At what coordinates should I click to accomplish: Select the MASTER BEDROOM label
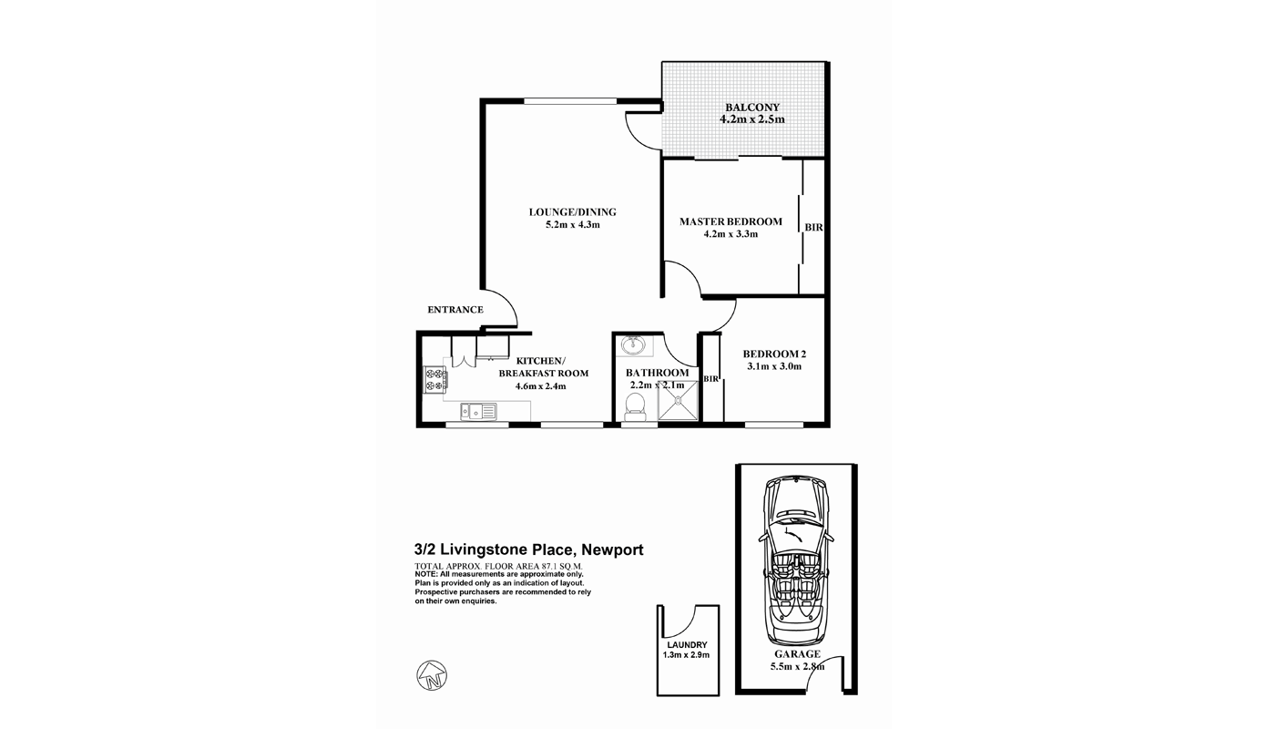point(731,221)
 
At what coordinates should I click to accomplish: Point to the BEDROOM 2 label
point(774,354)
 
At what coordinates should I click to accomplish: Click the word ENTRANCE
point(455,310)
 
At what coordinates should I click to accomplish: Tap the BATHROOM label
point(657,373)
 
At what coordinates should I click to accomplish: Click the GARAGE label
point(797,653)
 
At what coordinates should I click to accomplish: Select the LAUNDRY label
point(686,644)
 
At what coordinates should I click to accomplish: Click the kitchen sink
point(477,413)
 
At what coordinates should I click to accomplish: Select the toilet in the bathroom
point(636,413)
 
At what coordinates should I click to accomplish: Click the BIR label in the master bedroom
point(813,227)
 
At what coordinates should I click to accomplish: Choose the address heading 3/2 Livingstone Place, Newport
point(528,549)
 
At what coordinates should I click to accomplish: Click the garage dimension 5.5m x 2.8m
point(797,666)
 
